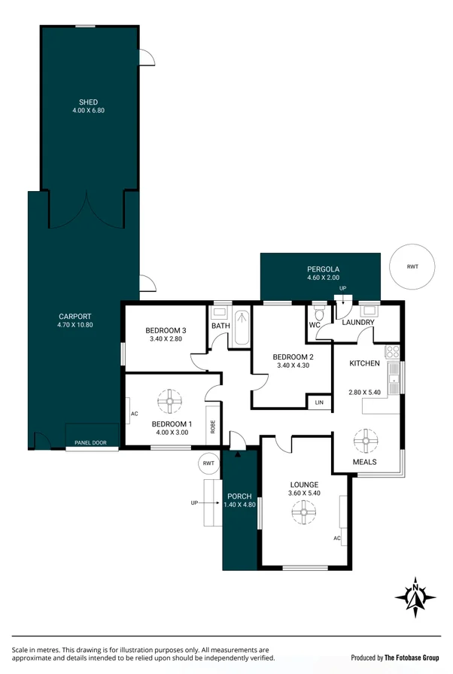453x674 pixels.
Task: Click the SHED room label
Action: point(89,102)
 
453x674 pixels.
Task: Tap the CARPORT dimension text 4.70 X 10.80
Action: point(74,325)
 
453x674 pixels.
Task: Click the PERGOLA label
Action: point(323,269)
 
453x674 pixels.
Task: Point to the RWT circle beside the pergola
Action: point(412,267)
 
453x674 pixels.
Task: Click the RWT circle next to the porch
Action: point(208,464)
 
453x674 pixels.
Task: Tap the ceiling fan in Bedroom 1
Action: point(169,401)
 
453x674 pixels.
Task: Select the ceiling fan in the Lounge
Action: point(304,514)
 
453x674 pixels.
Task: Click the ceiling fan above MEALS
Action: point(366,438)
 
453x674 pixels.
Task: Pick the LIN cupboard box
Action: point(318,402)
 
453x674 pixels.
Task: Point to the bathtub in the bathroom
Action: point(242,328)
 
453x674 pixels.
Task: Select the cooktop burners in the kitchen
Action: point(392,351)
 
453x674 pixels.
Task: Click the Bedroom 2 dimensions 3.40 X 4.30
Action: point(293,366)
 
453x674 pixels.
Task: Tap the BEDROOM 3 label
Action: point(166,331)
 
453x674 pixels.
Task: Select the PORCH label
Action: point(240,496)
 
